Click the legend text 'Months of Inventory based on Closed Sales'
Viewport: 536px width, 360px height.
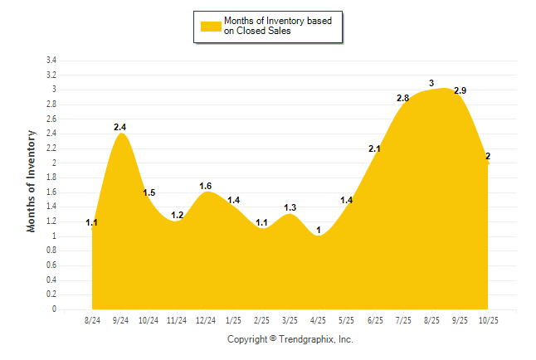click(x=278, y=27)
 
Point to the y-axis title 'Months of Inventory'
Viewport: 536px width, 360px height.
click(x=32, y=180)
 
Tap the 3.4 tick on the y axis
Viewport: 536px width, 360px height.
click(x=51, y=61)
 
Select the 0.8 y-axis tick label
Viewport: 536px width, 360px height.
click(x=51, y=251)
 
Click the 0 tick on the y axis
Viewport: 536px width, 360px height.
click(x=54, y=309)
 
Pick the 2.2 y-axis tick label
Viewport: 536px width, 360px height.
click(x=51, y=148)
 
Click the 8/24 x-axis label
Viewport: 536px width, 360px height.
click(x=93, y=320)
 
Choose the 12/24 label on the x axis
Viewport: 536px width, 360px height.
click(x=205, y=320)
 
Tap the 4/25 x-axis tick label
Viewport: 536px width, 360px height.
click(x=319, y=320)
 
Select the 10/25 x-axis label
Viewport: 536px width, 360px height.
click(x=488, y=320)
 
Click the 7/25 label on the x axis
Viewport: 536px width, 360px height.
click(x=403, y=320)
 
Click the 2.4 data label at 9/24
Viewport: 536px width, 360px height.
click(x=120, y=127)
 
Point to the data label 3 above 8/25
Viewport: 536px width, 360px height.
click(x=431, y=83)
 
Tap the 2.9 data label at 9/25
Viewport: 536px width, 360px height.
click(x=460, y=90)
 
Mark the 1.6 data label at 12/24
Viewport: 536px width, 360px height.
click(x=206, y=186)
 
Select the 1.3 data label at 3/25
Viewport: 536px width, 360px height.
click(x=290, y=207)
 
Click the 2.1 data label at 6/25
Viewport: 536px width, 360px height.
click(x=374, y=149)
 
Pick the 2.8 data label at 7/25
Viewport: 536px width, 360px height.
click(x=403, y=98)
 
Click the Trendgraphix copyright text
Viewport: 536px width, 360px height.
click(x=290, y=339)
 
